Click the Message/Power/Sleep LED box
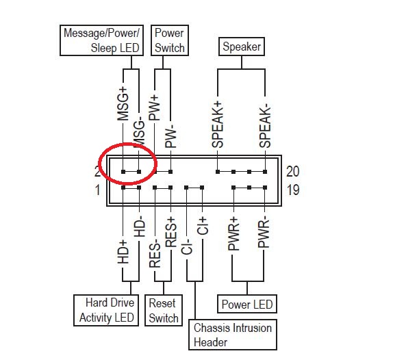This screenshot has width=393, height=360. tap(101, 40)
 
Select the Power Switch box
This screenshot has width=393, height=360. tap(169, 40)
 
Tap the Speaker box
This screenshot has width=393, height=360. tap(242, 47)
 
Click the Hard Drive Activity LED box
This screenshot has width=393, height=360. tap(107, 310)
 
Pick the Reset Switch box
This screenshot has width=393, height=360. tap(163, 310)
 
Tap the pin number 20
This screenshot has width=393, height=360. tap(293, 171)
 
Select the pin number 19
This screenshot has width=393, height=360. tap(292, 190)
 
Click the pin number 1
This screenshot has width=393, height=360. tap(97, 190)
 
